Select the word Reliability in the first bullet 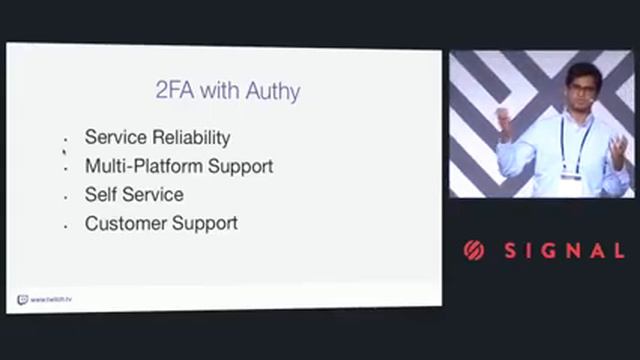click(x=191, y=138)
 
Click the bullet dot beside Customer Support click(x=65, y=226)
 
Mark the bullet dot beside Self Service click(x=65, y=197)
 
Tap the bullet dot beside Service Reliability click(x=65, y=141)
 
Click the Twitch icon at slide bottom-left click(x=22, y=298)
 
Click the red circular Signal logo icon click(x=474, y=251)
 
